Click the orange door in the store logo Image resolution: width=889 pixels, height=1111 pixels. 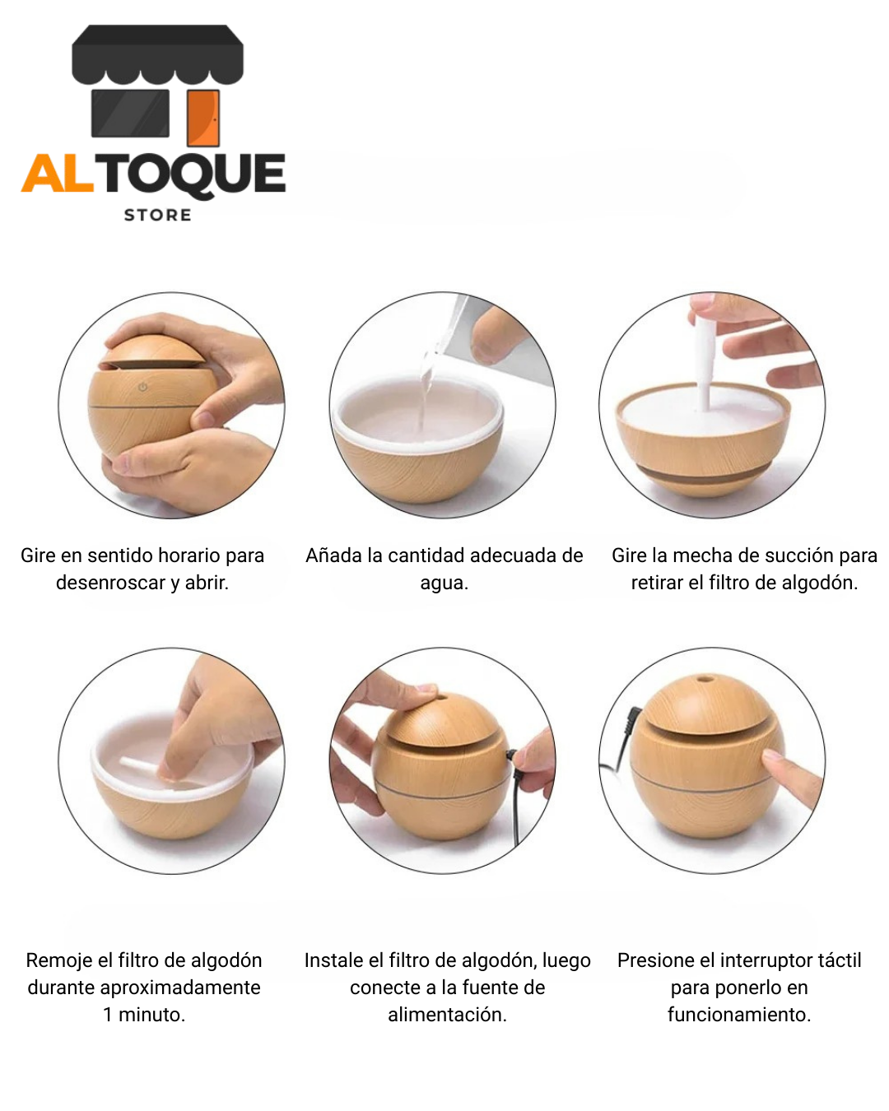click(202, 119)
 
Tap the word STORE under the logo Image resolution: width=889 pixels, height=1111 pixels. click(157, 215)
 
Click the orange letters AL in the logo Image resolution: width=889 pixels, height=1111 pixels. click(58, 174)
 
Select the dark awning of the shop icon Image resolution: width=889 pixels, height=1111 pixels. click(157, 53)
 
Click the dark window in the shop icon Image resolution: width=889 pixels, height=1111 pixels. click(130, 113)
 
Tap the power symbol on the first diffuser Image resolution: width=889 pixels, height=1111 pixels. click(142, 387)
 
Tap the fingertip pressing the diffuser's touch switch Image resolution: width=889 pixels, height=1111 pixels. click(772, 756)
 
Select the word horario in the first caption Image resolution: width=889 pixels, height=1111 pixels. click(190, 555)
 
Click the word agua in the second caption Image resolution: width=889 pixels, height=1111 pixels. click(443, 583)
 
